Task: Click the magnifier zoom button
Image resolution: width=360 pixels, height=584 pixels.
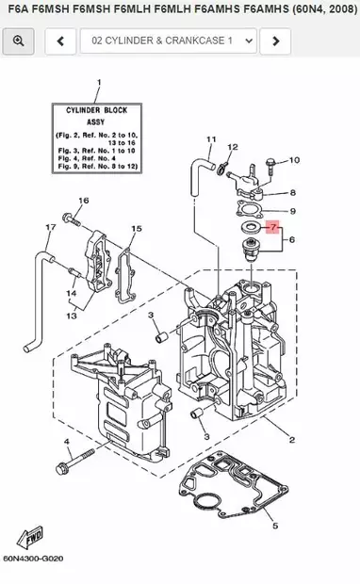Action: click(18, 41)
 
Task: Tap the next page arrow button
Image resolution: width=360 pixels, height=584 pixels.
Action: click(274, 41)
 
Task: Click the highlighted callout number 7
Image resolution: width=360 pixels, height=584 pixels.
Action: click(273, 227)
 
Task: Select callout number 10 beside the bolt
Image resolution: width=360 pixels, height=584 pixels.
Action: click(293, 160)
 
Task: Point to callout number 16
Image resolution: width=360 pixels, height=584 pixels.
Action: click(83, 201)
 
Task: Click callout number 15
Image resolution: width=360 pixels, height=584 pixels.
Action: click(137, 229)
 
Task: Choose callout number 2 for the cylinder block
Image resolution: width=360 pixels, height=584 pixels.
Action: click(291, 441)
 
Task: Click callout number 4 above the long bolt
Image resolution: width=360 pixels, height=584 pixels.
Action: click(67, 442)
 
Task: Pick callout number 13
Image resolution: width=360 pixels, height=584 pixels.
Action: click(71, 316)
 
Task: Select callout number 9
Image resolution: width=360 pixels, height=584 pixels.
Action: click(293, 211)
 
